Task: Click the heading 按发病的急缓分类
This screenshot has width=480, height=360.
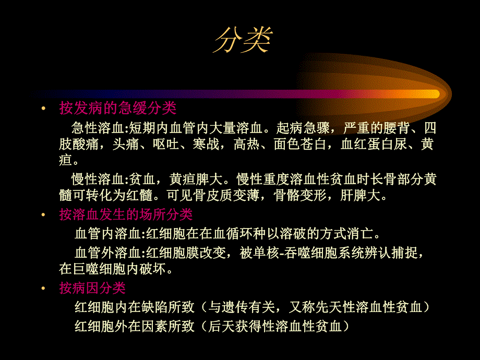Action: click(x=118, y=109)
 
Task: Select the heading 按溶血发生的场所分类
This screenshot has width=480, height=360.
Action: click(x=126, y=214)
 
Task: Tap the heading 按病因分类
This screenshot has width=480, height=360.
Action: click(x=92, y=288)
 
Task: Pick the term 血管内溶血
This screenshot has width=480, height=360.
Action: click(x=107, y=233)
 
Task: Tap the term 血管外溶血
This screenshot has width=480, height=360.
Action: click(x=107, y=253)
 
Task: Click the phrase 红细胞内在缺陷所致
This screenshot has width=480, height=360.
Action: click(x=135, y=307)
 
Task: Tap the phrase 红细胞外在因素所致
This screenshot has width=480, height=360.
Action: click(x=135, y=327)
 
